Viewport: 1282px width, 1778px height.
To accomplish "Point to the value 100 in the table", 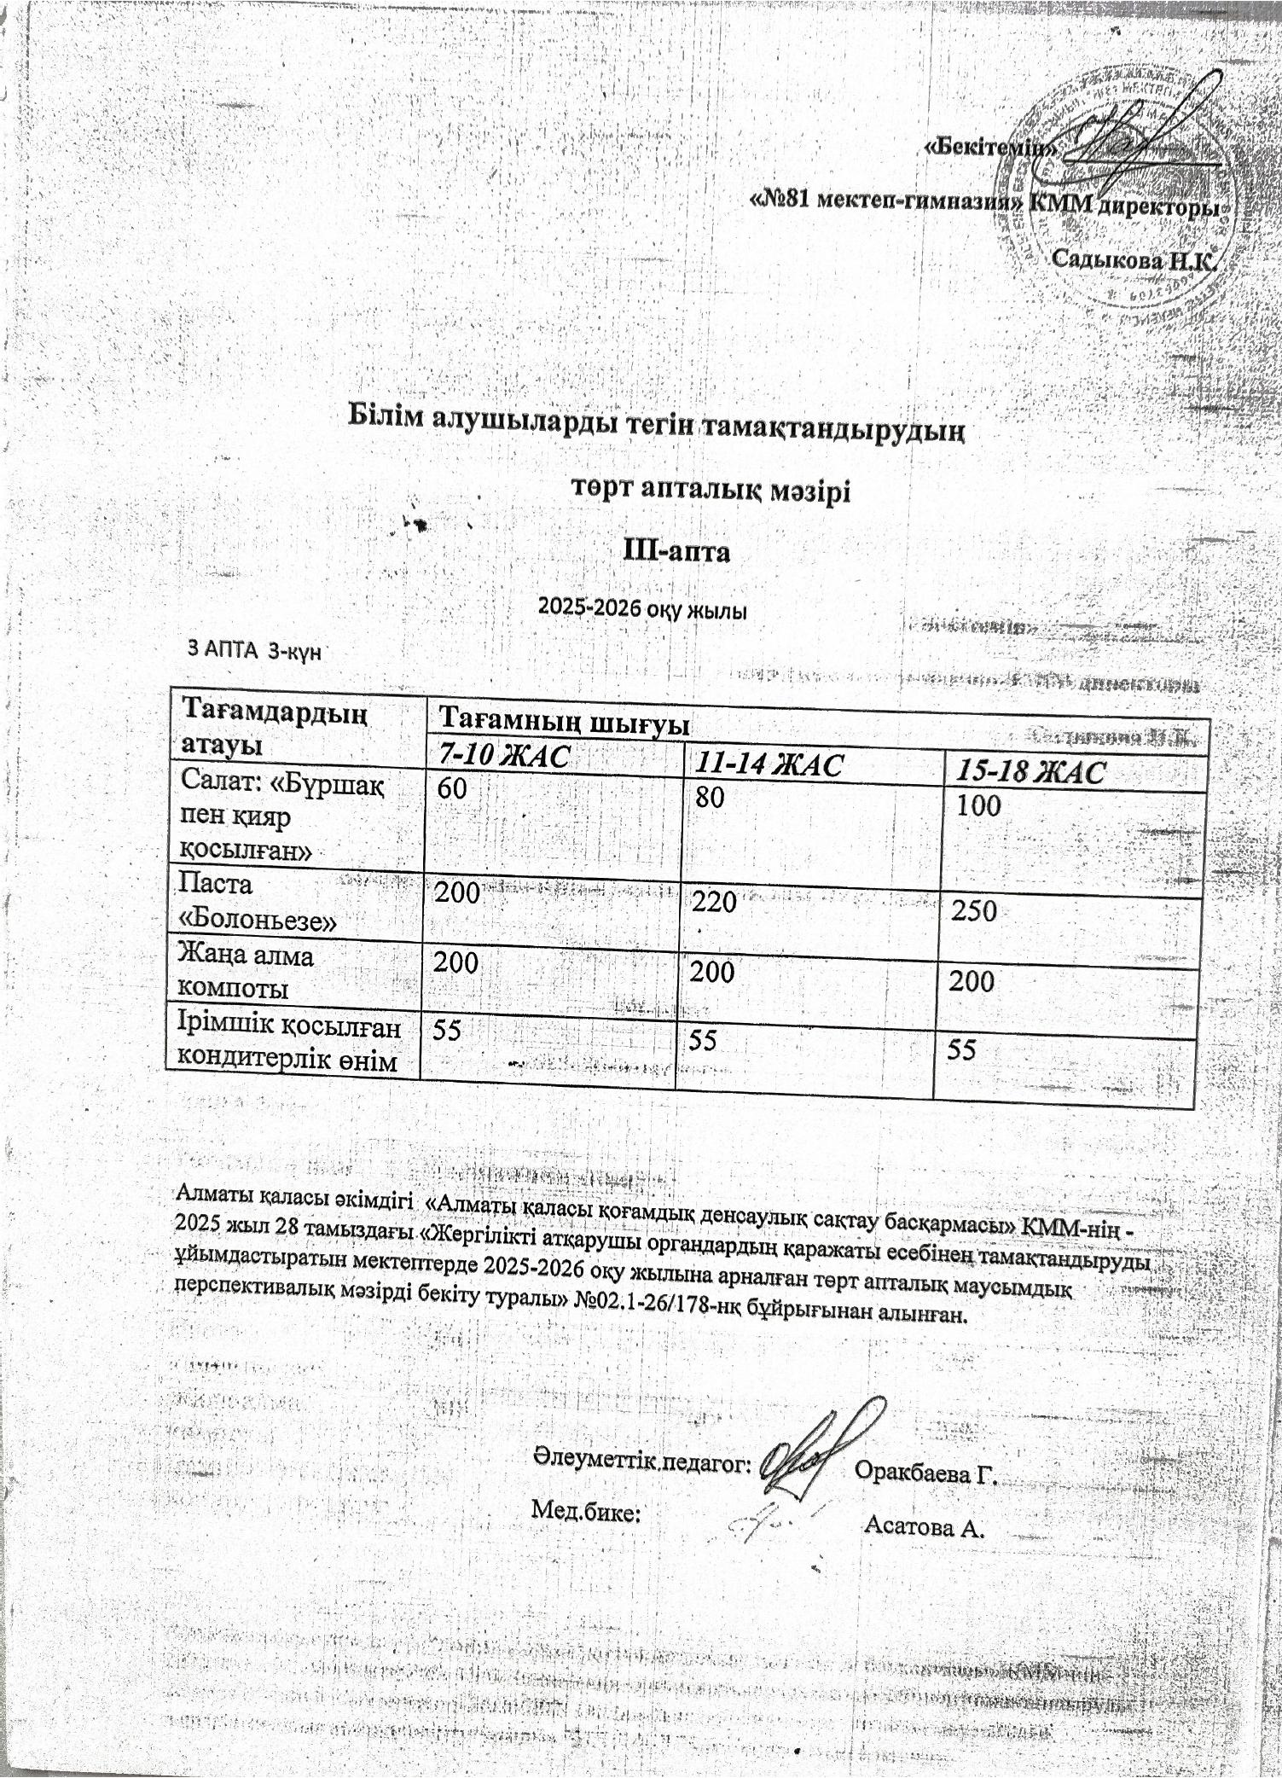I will click(978, 805).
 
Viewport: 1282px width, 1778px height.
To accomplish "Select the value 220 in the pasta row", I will click(715, 901).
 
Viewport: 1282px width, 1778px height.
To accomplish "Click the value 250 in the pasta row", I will click(974, 910).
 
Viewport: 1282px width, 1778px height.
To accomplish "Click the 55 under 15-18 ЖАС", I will click(961, 1049).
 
